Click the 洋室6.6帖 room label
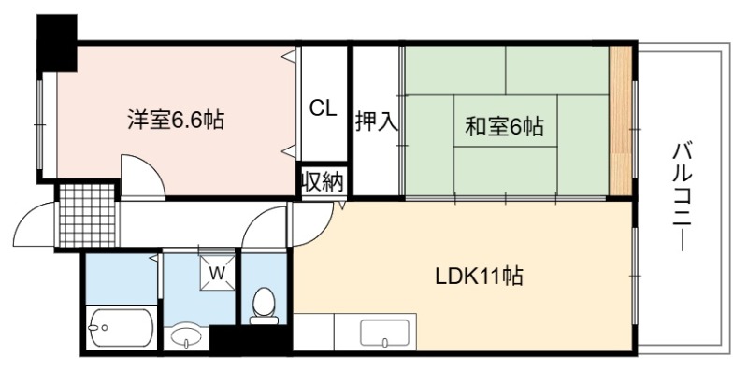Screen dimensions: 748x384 [176, 121]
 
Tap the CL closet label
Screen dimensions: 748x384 [323, 108]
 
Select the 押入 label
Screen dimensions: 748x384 [377, 122]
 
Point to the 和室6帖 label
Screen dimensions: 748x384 [505, 127]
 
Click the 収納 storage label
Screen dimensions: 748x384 [323, 181]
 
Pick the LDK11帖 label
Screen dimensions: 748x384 [480, 276]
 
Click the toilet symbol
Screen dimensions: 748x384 [264, 306]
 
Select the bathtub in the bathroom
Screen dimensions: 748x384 [121, 328]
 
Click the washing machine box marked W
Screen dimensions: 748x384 [218, 273]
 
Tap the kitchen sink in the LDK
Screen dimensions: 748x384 [385, 333]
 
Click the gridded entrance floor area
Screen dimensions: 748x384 [88, 215]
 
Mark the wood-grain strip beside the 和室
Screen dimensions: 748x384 [621, 121]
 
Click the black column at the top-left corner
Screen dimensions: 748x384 [57, 43]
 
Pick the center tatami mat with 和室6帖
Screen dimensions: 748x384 [505, 121]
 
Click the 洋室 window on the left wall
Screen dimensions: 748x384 [40, 125]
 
